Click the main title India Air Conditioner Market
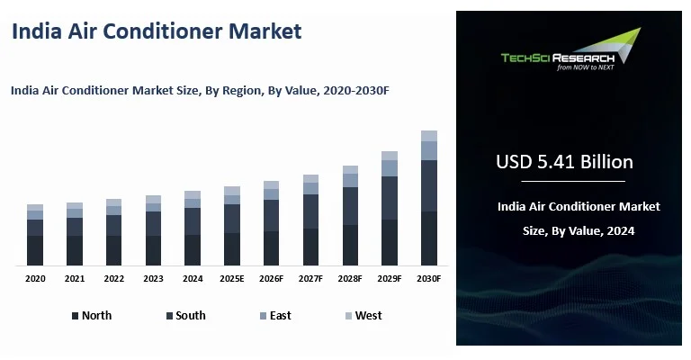pyautogui.click(x=156, y=31)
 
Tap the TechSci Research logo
pyautogui.click(x=570, y=50)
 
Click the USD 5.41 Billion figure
pyautogui.click(x=564, y=162)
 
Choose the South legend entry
pyautogui.click(x=185, y=316)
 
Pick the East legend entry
pyautogui.click(x=274, y=316)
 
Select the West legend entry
pyautogui.click(x=363, y=316)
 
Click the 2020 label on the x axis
pyautogui.click(x=35, y=279)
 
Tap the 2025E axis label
pyautogui.click(x=232, y=279)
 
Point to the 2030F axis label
pyautogui.click(x=429, y=279)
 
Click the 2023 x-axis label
pyautogui.click(x=153, y=279)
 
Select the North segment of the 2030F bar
pyautogui.click(x=429, y=238)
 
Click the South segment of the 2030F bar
pyautogui.click(x=429, y=185)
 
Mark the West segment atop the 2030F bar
pyautogui.click(x=429, y=136)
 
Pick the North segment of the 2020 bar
pyautogui.click(x=35, y=250)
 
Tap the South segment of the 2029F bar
pyautogui.click(x=390, y=198)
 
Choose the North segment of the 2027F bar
pyautogui.click(x=310, y=247)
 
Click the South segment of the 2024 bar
pyautogui.click(x=193, y=221)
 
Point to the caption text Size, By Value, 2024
pyautogui.click(x=579, y=230)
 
